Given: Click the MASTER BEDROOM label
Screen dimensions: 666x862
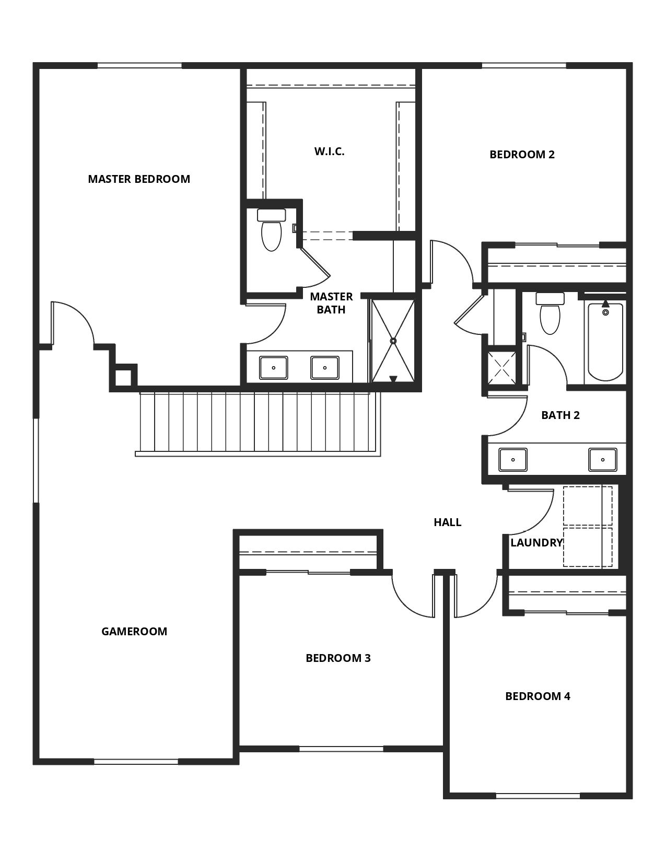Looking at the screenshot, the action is [139, 179].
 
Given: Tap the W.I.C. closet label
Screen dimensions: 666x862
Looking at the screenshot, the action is [329, 152].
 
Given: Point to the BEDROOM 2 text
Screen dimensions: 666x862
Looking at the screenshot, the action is [522, 154].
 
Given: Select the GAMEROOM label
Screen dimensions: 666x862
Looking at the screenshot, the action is [134, 631].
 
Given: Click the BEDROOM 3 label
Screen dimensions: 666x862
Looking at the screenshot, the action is [338, 658].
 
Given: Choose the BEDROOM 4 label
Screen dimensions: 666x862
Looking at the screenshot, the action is [538, 696].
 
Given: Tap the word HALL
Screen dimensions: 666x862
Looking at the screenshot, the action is [448, 522].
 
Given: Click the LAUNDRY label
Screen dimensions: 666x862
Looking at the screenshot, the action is [536, 543].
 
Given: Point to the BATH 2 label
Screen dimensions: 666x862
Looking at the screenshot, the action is [560, 415].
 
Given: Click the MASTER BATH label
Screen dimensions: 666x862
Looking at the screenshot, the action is [331, 303].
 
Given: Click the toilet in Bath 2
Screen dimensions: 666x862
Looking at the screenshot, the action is [550, 313].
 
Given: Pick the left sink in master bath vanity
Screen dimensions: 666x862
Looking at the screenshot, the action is [274, 368].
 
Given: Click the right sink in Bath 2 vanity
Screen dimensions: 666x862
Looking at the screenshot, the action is [602, 460].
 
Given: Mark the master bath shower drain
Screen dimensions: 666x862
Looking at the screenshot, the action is [393, 340].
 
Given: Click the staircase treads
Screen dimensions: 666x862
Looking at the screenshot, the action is [258, 422].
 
